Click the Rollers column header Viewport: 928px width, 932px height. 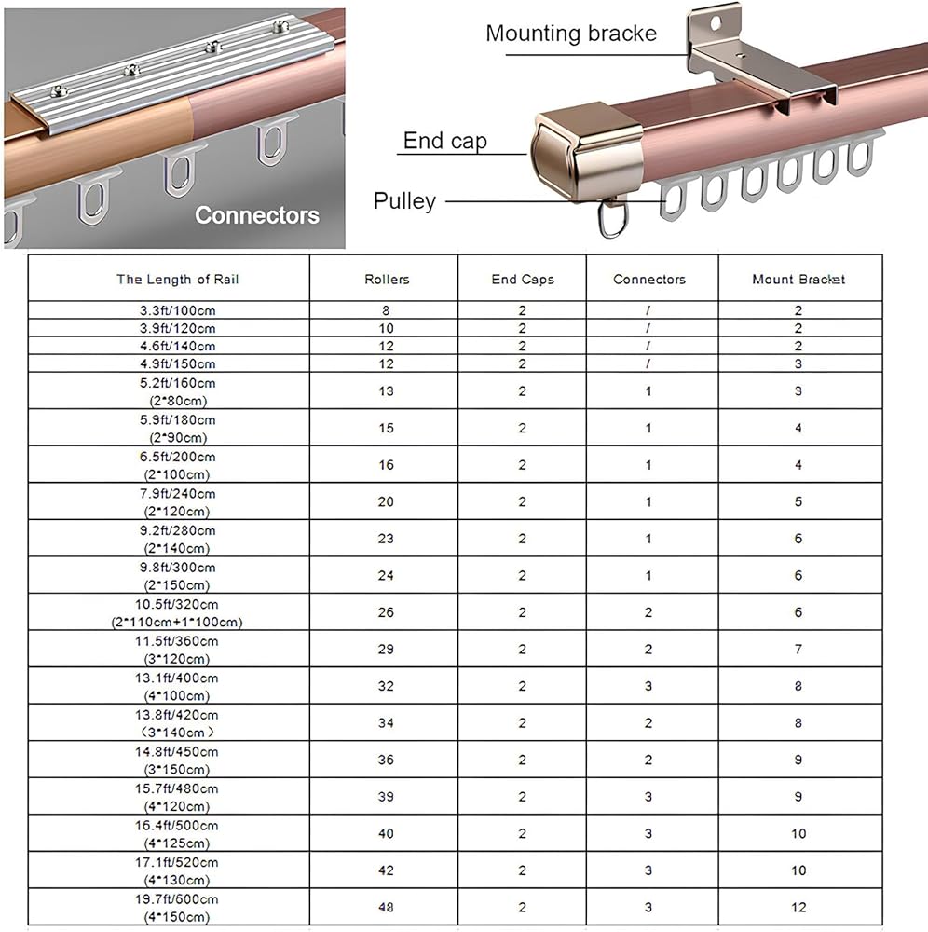click(387, 280)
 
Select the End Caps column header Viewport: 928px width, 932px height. click(522, 280)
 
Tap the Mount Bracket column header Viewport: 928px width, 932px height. click(798, 280)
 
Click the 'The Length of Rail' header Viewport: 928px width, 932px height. click(177, 280)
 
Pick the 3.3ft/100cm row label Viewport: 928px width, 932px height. click(177, 310)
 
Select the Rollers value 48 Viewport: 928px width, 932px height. click(386, 907)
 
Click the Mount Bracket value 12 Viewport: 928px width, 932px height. click(798, 907)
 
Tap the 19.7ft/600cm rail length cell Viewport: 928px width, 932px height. click(176, 908)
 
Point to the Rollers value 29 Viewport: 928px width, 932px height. click(386, 649)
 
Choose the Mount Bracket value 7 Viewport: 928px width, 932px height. click(798, 649)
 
